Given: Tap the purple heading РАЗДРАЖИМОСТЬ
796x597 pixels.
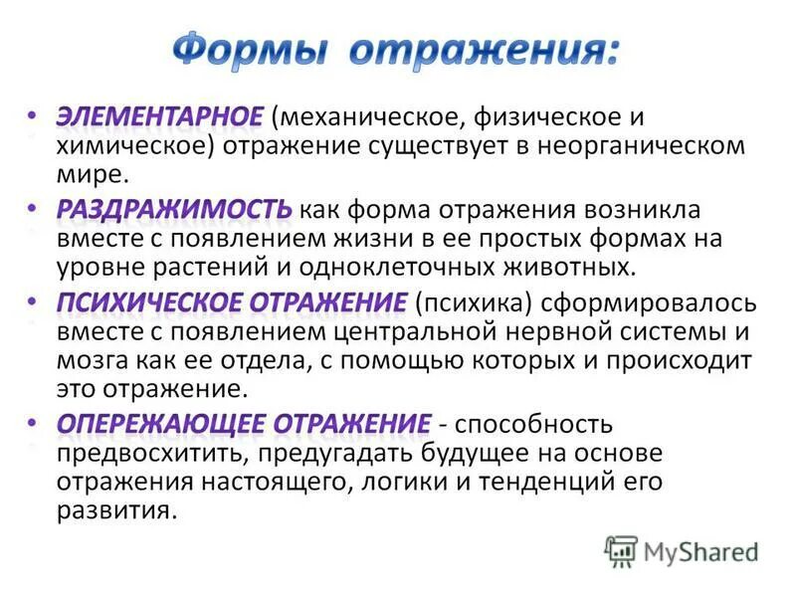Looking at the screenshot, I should click(x=173, y=209).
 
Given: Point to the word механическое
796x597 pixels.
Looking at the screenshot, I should click(x=373, y=117).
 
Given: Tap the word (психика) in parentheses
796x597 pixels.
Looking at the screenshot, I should click(x=463, y=302).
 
